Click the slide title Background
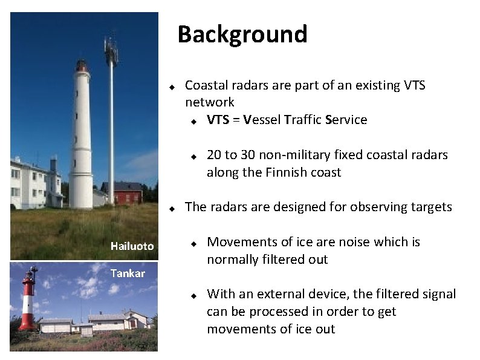pos(242,34)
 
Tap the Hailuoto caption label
pos(132,246)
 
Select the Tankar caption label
pos(128,273)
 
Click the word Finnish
pos(287,172)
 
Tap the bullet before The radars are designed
pos(172,208)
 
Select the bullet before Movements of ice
pos(193,243)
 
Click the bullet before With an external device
pos(193,295)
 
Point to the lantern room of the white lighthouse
pos(81,65)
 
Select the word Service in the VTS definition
pos(346,120)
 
